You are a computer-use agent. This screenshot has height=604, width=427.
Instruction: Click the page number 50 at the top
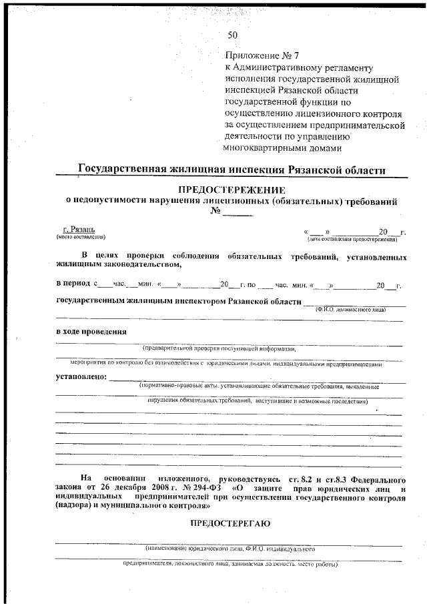point(232,35)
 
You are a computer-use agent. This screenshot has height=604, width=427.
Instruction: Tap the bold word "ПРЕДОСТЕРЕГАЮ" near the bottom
point(231,523)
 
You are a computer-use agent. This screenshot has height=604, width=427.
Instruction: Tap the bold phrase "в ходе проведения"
point(91,332)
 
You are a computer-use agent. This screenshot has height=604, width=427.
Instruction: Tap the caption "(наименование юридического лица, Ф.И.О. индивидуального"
point(229,548)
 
